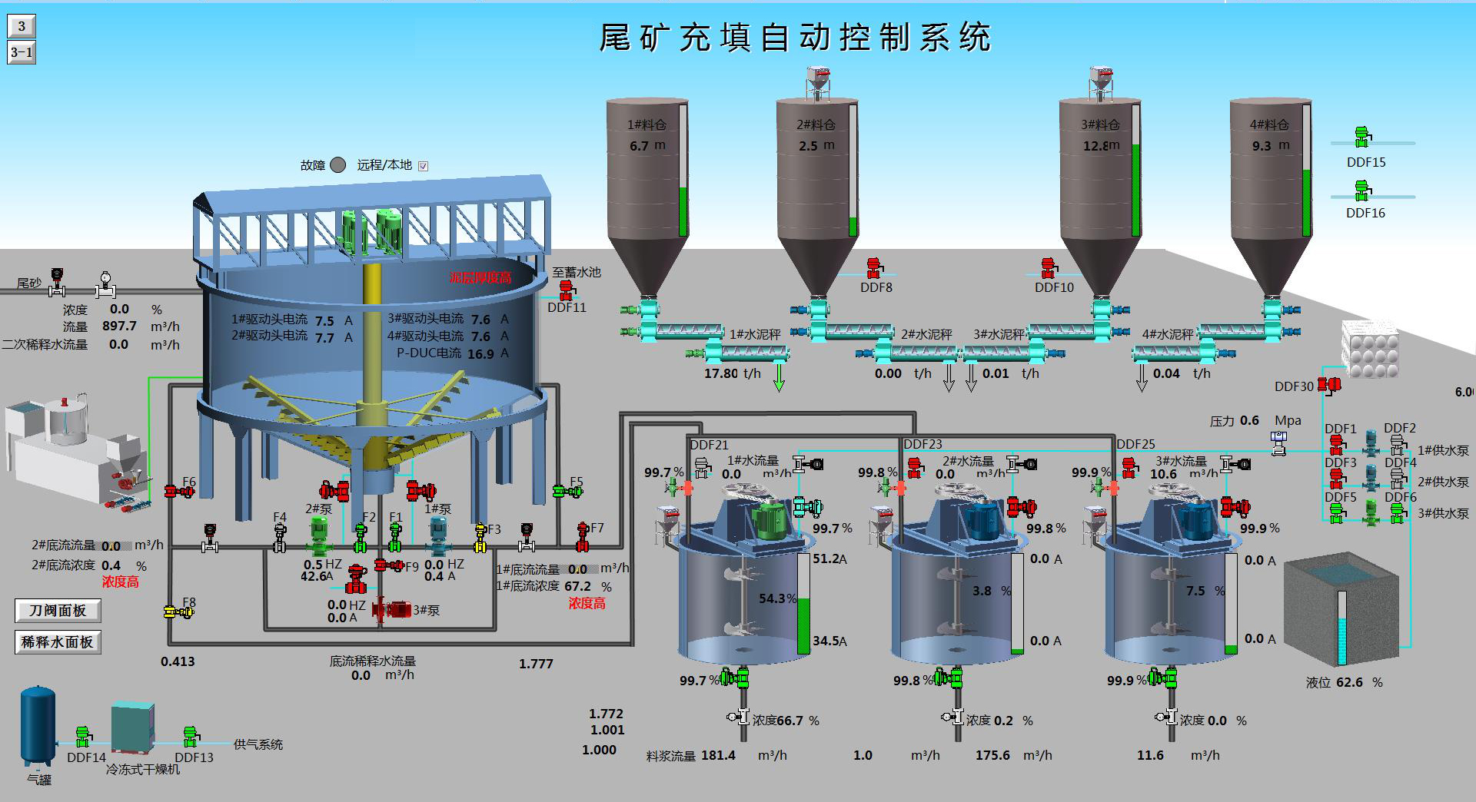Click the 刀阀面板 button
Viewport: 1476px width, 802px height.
(58, 611)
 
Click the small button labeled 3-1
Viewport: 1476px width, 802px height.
(22, 52)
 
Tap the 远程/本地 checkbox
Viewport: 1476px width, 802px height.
(423, 166)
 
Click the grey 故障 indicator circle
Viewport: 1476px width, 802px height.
(337, 165)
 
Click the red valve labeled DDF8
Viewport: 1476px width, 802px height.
(874, 268)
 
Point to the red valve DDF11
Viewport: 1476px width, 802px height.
(567, 290)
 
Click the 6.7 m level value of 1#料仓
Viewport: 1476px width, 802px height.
(639, 146)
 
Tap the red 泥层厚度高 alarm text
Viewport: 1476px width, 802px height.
(480, 278)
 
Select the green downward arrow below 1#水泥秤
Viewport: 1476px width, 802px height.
(779, 377)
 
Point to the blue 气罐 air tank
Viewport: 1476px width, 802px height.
(38, 726)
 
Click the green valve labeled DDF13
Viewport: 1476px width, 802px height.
(191, 737)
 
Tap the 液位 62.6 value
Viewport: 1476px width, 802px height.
(1349, 682)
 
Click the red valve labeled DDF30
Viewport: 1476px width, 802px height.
(1329, 384)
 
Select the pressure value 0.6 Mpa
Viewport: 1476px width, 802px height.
(1249, 421)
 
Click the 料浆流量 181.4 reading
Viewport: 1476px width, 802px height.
(718, 755)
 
